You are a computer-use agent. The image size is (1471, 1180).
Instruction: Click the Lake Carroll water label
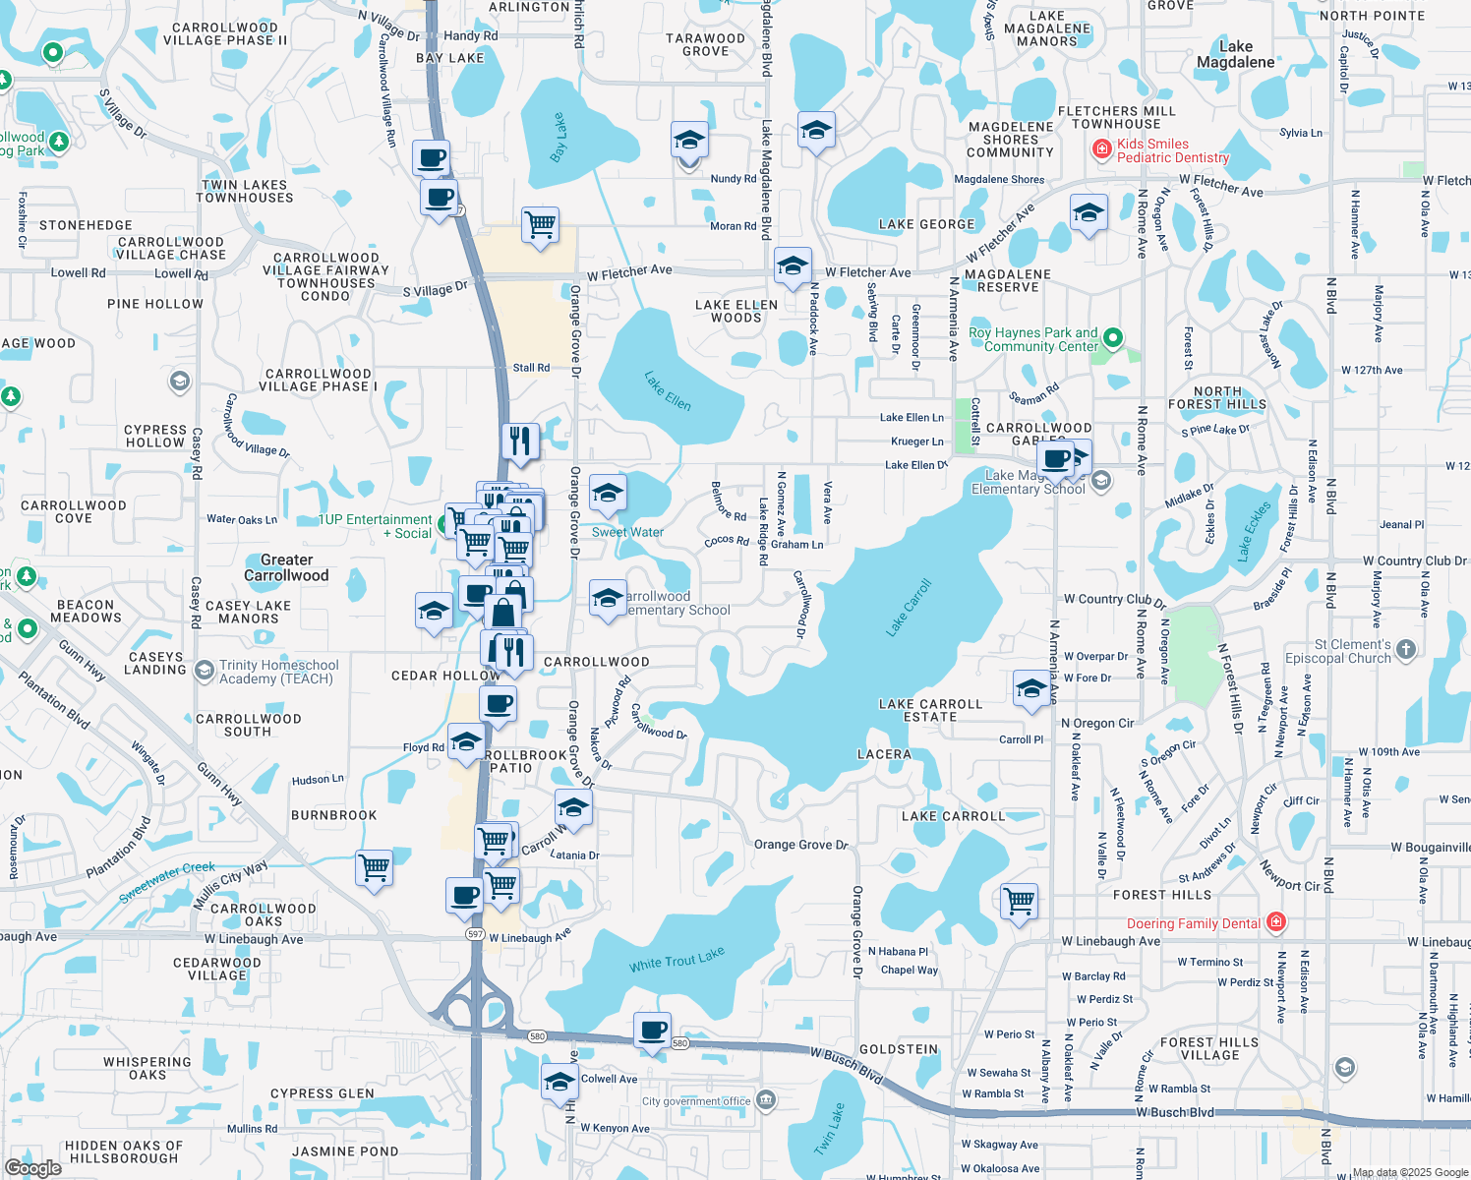click(x=909, y=608)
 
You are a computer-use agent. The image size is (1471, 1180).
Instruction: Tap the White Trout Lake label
click(x=677, y=959)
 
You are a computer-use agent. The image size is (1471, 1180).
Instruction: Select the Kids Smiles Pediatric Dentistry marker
click(x=1102, y=149)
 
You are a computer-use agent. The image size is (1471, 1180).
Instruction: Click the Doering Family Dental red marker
click(x=1276, y=922)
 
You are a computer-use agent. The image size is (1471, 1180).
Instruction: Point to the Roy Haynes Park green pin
click(x=1112, y=338)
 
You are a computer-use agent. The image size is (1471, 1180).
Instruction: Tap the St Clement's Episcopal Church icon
click(x=1406, y=649)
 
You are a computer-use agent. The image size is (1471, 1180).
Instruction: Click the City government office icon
click(x=767, y=1099)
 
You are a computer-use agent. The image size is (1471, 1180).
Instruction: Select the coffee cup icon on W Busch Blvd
click(x=652, y=1031)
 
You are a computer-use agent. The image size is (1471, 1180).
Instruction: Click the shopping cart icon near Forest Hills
click(x=1020, y=900)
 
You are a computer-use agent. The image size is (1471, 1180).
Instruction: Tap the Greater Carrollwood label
click(x=286, y=567)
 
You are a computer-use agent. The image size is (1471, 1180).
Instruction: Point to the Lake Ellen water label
click(x=668, y=390)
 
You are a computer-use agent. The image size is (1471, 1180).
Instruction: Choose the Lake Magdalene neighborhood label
click(x=1235, y=54)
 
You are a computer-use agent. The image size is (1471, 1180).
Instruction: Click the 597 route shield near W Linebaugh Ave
click(x=475, y=934)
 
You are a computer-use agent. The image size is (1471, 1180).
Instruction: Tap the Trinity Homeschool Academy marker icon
click(x=205, y=671)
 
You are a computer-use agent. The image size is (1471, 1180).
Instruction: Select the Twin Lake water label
click(x=830, y=1129)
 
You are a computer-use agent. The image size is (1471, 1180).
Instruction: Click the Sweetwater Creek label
click(x=166, y=882)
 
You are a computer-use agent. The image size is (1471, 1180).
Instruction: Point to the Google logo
click(x=32, y=1167)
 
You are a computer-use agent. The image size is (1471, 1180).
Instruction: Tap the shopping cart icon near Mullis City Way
click(x=374, y=868)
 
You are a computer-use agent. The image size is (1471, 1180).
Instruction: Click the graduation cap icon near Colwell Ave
click(x=559, y=1081)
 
